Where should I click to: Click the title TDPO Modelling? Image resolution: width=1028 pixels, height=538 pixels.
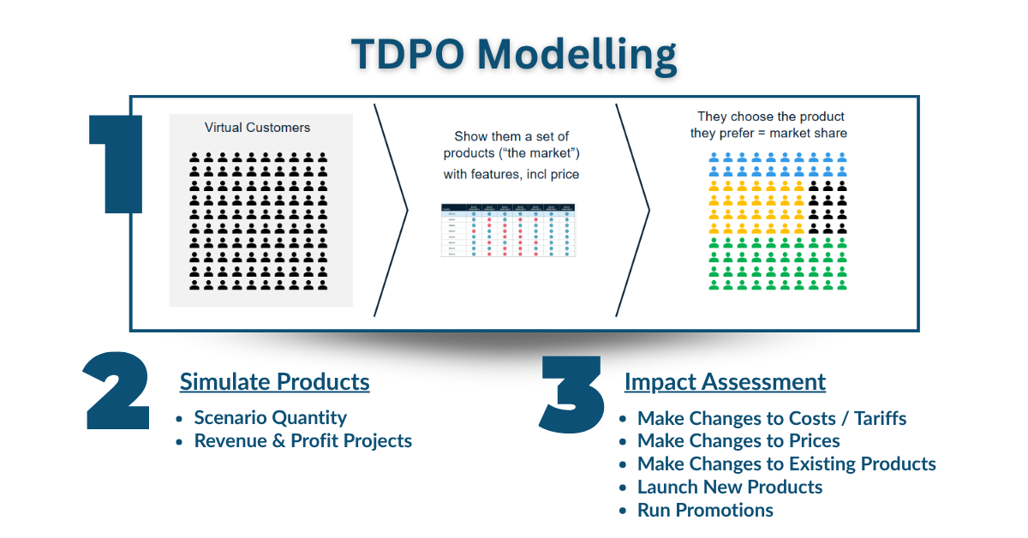pos(514,55)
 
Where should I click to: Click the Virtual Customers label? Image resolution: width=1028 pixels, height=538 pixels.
pos(257,128)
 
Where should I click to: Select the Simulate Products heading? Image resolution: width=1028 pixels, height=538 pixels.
pos(274,381)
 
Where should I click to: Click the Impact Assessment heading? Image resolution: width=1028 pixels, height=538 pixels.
pos(725,381)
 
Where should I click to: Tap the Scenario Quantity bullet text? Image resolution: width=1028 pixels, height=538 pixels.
pos(270,418)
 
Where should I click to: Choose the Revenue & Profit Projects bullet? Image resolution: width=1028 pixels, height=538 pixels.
pos(302,440)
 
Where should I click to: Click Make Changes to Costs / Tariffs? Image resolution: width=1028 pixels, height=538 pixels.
pos(771,418)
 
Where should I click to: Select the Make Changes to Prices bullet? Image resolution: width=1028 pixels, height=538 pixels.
pos(738,440)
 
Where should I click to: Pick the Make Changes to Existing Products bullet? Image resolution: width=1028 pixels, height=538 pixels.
pos(786,463)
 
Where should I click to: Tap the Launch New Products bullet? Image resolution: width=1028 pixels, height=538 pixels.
pos(730,487)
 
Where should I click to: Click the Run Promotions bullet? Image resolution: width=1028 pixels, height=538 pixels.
pos(705,510)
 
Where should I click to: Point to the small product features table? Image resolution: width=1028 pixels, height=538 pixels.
pos(509,230)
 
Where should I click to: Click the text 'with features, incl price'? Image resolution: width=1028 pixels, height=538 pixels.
pos(511,175)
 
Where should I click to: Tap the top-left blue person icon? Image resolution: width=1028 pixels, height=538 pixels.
pos(715,158)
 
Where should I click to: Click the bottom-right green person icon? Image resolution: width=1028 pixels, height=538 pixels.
pos(841,284)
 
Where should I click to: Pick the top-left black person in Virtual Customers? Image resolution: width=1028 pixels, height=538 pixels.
pos(194,158)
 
